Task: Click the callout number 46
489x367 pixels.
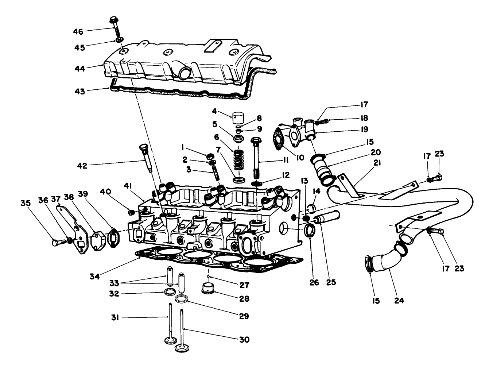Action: [x=78, y=32]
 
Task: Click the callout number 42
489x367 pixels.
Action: [x=82, y=166]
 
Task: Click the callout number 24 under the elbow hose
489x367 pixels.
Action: [x=400, y=301]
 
